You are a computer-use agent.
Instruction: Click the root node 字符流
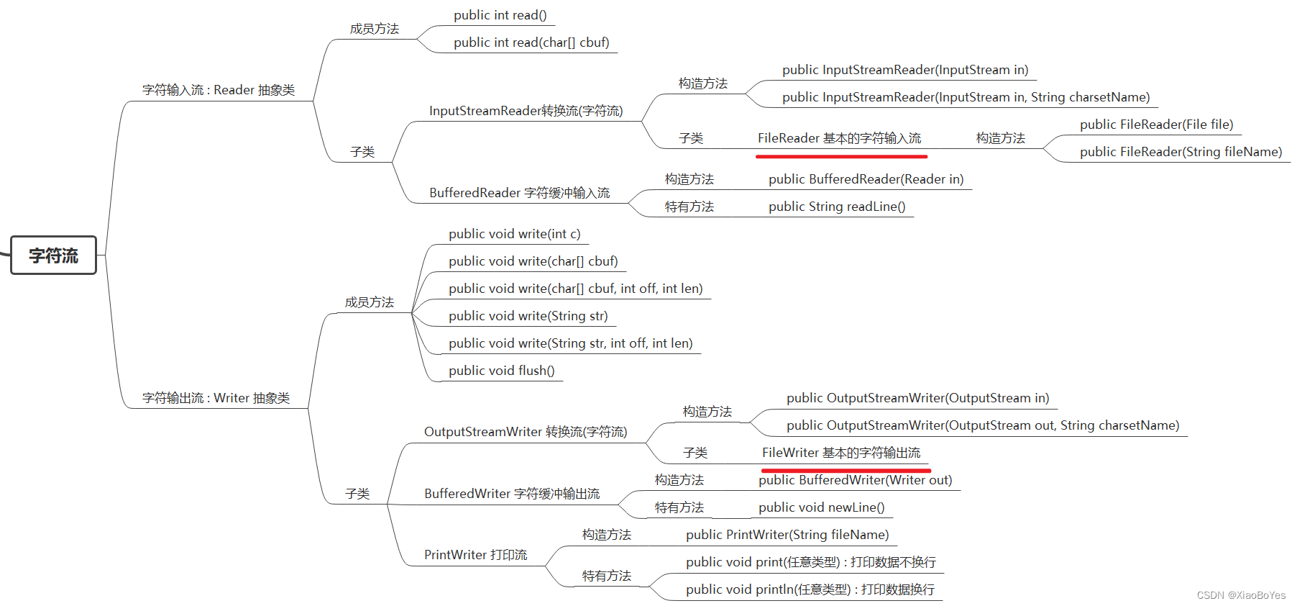click(53, 255)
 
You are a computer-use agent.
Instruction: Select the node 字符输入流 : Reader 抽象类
click(219, 90)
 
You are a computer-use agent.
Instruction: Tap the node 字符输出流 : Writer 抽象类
click(216, 398)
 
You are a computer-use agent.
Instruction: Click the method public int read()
click(500, 15)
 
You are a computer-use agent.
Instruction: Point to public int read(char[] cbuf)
click(531, 42)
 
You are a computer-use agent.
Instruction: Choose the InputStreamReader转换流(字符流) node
click(526, 111)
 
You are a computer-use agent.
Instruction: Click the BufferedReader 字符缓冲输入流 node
click(519, 193)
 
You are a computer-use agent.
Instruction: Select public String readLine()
click(836, 207)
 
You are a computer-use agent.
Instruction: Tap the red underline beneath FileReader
click(841, 155)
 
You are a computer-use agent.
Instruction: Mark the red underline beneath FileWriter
click(845, 470)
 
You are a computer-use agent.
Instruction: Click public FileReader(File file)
click(1156, 125)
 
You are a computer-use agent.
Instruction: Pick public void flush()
click(501, 371)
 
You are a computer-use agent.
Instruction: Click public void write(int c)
click(514, 234)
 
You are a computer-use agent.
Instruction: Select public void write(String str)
click(528, 316)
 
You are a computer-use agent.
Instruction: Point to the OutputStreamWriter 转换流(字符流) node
click(525, 432)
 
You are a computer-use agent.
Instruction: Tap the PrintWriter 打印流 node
click(475, 555)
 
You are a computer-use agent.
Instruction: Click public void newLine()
click(821, 507)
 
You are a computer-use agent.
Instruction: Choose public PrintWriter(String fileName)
click(787, 535)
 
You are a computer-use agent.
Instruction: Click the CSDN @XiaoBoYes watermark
click(1241, 595)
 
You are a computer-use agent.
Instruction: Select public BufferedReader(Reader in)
click(866, 179)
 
